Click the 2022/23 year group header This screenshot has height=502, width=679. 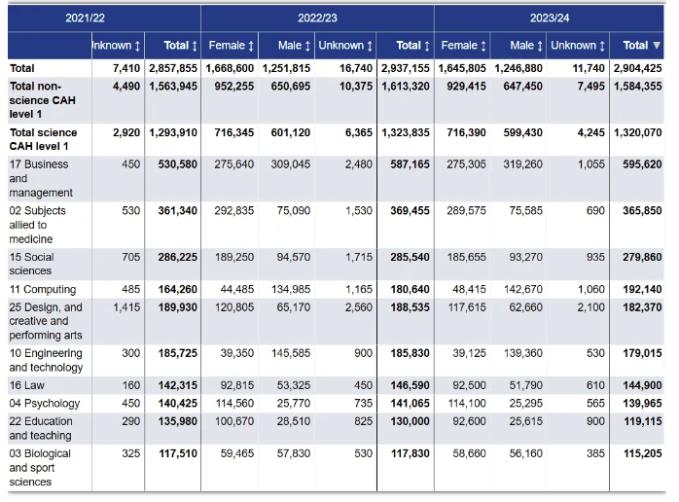pyautogui.click(x=317, y=18)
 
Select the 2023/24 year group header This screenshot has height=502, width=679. pyautogui.click(x=550, y=18)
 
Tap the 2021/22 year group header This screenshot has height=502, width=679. pyautogui.click(x=85, y=18)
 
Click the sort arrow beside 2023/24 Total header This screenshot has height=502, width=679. pyautogui.click(x=657, y=45)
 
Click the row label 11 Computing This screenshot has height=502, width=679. pyautogui.click(x=43, y=289)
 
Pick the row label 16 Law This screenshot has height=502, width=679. pyautogui.click(x=27, y=385)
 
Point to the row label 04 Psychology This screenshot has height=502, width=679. pyautogui.click(x=45, y=403)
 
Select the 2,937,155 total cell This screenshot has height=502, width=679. pyautogui.click(x=406, y=68)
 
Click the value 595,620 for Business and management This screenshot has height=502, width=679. pyautogui.click(x=642, y=164)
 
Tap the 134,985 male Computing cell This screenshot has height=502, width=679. pyautogui.click(x=291, y=289)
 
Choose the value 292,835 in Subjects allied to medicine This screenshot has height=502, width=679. pyautogui.click(x=234, y=211)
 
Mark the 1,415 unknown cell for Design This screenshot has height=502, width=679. pyautogui.click(x=126, y=307)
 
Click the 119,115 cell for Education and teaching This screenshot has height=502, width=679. pyautogui.click(x=643, y=421)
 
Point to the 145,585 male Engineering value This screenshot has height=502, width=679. pyautogui.click(x=291, y=353)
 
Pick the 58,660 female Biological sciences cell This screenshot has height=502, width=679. pyautogui.click(x=470, y=454)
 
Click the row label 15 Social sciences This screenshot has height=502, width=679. pyautogui.click(x=31, y=264)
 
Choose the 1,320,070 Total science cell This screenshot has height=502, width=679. pyautogui.click(x=638, y=132)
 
